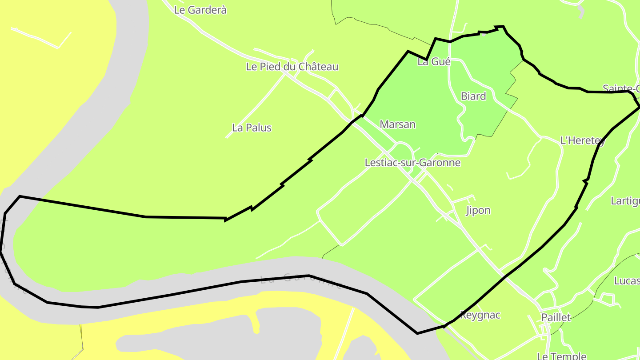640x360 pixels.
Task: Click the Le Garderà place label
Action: coord(200,10)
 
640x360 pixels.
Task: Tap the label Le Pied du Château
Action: coord(292,67)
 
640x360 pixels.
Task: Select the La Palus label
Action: coord(252,128)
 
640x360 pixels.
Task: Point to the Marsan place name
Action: coord(397,124)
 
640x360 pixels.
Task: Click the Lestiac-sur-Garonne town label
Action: coord(412,163)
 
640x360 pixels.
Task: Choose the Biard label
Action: coord(473,96)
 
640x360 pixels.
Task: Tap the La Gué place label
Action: coord(434,62)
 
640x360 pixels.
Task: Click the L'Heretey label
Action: coord(582,141)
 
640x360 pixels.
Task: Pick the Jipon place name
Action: coord(478,211)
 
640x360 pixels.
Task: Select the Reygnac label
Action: coord(480,315)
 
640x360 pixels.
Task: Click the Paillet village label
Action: coord(556,317)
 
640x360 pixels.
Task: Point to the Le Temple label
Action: coord(561,356)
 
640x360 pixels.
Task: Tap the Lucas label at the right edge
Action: coord(627,281)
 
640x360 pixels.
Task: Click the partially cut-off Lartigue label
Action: coord(625,201)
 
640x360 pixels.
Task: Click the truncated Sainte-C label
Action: coord(621,88)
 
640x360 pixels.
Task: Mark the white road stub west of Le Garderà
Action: coord(40,38)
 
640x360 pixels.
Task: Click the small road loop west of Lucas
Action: coord(609,298)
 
